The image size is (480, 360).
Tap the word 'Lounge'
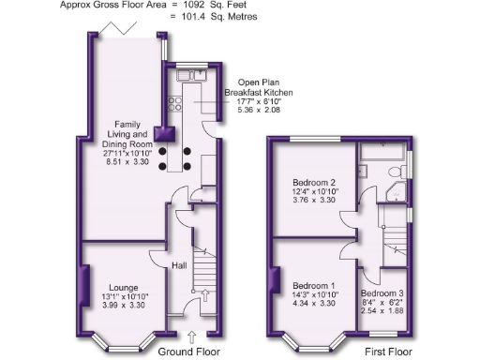[x=123, y=287]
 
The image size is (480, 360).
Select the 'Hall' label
[x=179, y=266]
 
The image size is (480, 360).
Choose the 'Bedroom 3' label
[x=382, y=293]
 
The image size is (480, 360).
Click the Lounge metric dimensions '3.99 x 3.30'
[x=123, y=307]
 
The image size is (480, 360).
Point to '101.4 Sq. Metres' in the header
[x=219, y=17]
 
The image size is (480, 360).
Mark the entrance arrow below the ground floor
[x=193, y=336]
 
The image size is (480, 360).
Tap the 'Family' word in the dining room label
[x=128, y=123]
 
